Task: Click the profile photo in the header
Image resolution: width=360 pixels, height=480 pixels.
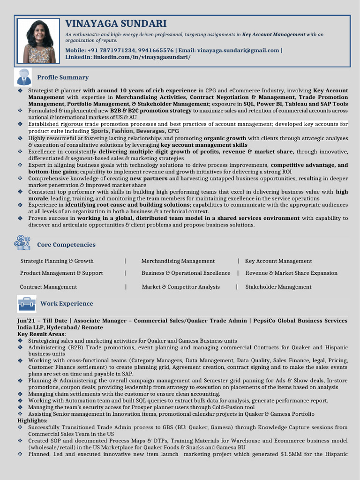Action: (39, 41)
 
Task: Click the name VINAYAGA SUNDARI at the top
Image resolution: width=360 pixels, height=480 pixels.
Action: (116, 23)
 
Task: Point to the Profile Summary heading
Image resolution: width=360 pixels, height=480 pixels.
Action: (63, 77)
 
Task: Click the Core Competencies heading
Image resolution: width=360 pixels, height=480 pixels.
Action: (66, 245)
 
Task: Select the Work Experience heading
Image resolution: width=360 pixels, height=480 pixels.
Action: (67, 304)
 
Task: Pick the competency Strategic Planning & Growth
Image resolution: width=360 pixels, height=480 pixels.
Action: (57, 261)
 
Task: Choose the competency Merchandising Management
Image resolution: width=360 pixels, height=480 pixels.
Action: (178, 261)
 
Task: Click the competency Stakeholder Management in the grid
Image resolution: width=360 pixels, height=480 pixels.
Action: (278, 287)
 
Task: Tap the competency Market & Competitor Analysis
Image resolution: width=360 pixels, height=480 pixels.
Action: (180, 287)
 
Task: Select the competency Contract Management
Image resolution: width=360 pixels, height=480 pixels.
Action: (48, 287)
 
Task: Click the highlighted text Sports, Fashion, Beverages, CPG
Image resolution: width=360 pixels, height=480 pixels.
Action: (135, 131)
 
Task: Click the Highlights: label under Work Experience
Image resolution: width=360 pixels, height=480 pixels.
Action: (33, 421)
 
